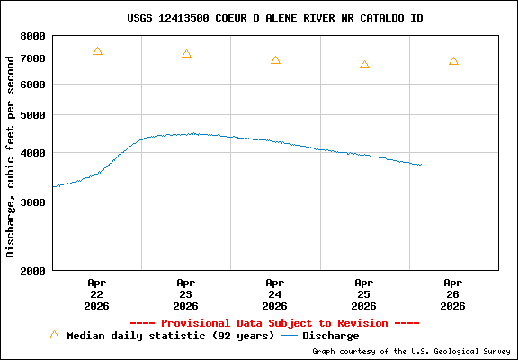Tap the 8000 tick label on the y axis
coord(33,36)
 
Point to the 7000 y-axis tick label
coord(33,58)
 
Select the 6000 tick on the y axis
coord(33,85)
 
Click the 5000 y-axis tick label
coord(33,115)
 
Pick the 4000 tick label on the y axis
coord(33,153)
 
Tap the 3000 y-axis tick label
coord(33,202)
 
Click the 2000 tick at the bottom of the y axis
coord(33,270)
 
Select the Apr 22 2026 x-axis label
coord(97,293)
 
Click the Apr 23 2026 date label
coord(186,293)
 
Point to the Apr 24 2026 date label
coord(275,293)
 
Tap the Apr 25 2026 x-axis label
coord(364,293)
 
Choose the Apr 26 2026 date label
coord(453,293)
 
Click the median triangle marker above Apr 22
coord(97,51)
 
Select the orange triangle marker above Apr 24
coord(275,60)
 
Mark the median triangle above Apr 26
coord(453,61)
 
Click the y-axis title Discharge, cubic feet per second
coord(11,153)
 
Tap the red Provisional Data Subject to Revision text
coord(274,322)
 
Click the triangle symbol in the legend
coord(54,335)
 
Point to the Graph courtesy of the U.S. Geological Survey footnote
coord(410,351)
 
